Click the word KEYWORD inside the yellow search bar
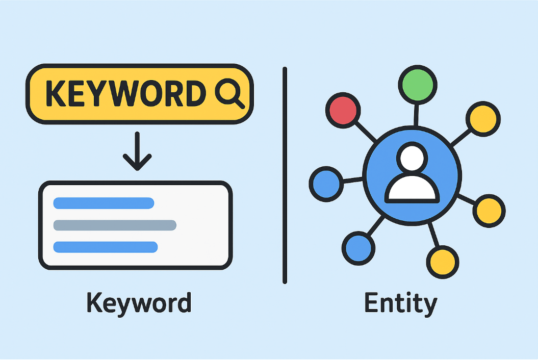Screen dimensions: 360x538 [125, 94]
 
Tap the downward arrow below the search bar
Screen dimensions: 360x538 [137, 151]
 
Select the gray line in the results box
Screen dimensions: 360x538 [115, 225]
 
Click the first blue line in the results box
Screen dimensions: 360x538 [104, 203]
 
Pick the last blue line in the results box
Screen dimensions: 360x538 [106, 247]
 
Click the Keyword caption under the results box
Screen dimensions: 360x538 [139, 303]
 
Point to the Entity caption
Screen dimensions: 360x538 [401, 303]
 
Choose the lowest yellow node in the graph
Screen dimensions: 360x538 [442, 262]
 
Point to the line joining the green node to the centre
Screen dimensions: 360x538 [416, 115]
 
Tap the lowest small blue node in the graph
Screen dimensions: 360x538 [358, 247]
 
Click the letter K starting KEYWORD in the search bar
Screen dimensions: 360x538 [56, 94]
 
